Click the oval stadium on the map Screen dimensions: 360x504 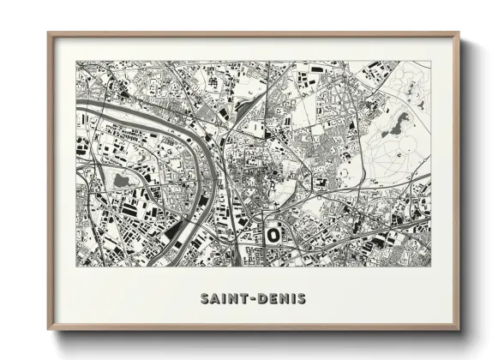point(273,232)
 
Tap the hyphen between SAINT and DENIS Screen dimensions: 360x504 point(251,299)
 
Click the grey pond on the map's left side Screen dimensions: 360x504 point(120,180)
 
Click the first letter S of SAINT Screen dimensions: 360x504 point(204,299)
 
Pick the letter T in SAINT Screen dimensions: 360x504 point(243,299)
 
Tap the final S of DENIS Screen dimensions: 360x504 point(302,299)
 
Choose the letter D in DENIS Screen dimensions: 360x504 point(261,299)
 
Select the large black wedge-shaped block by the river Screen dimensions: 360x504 point(175,229)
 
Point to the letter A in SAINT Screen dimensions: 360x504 point(214,299)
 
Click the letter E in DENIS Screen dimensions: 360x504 point(271,299)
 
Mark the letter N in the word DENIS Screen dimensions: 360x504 point(282,299)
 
